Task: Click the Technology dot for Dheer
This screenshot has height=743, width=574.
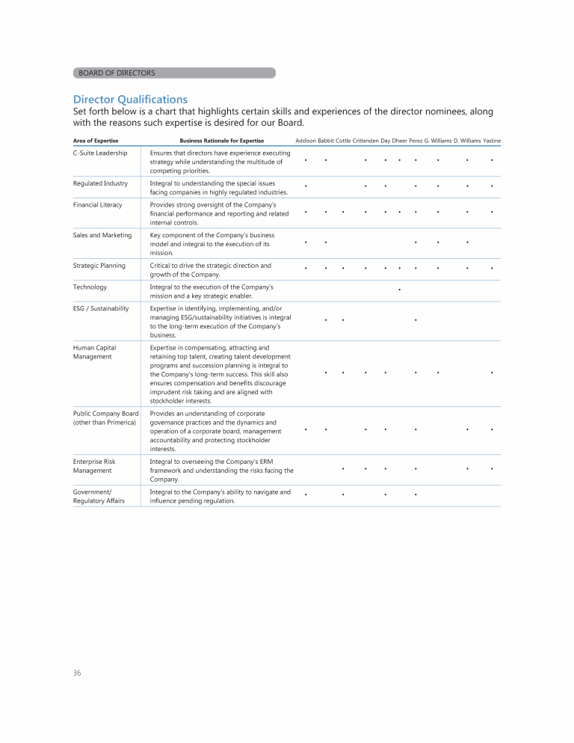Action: click(x=400, y=289)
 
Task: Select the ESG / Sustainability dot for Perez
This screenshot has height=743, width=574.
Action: click(x=416, y=320)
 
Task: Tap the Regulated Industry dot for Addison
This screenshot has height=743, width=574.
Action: click(x=306, y=186)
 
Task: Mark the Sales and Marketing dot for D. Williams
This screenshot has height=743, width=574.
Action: click(x=467, y=242)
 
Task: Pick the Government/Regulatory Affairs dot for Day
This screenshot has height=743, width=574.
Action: click(x=385, y=495)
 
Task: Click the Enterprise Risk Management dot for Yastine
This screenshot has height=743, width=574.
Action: click(x=492, y=469)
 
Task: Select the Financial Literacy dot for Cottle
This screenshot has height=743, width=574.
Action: click(x=342, y=212)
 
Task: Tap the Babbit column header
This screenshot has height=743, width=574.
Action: click(x=326, y=141)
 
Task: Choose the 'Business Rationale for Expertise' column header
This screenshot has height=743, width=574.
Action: click(x=221, y=141)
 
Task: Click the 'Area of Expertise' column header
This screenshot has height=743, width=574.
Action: click(x=96, y=141)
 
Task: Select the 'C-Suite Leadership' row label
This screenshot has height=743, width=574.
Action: click(x=100, y=153)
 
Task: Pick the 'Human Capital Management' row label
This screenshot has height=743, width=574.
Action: click(x=94, y=352)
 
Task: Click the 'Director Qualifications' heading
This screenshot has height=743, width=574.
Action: click(x=130, y=100)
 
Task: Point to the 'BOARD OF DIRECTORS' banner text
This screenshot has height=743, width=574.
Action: click(x=117, y=73)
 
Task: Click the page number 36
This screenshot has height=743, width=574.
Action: click(x=77, y=673)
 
